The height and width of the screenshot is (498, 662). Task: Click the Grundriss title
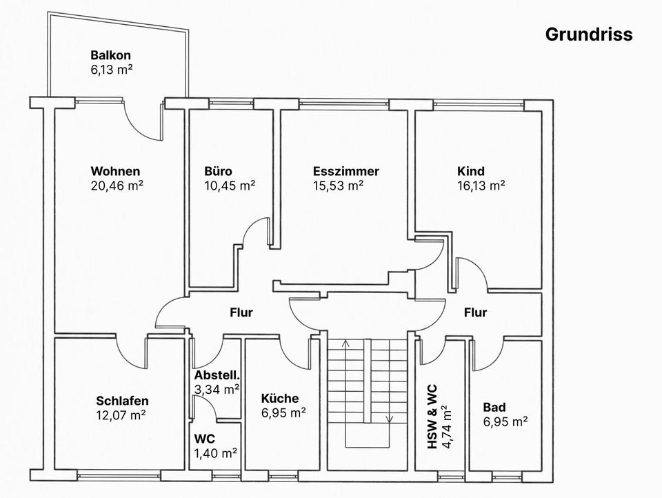pyautogui.click(x=588, y=34)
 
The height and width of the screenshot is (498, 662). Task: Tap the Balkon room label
pyautogui.click(x=110, y=55)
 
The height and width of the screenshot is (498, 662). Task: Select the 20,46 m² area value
pyautogui.click(x=117, y=185)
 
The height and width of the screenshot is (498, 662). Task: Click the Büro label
pyautogui.click(x=218, y=171)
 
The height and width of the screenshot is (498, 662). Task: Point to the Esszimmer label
pyautogui.click(x=345, y=171)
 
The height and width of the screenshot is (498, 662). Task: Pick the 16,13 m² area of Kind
pyautogui.click(x=481, y=185)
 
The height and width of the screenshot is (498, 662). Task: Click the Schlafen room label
pyautogui.click(x=122, y=401)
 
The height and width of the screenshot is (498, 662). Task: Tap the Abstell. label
pyautogui.click(x=217, y=375)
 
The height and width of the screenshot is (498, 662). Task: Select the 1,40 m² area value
pyautogui.click(x=216, y=452)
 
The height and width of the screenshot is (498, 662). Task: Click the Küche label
pyautogui.click(x=280, y=398)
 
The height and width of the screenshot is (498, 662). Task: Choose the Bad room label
pyautogui.click(x=494, y=407)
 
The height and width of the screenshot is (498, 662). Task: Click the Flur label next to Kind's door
pyautogui.click(x=475, y=312)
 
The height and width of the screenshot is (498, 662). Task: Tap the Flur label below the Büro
pyautogui.click(x=241, y=312)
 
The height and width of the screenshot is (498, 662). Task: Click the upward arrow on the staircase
pyautogui.click(x=345, y=343)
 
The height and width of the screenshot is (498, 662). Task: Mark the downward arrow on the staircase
pyautogui.click(x=390, y=418)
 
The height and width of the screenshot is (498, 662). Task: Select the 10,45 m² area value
pyautogui.click(x=230, y=185)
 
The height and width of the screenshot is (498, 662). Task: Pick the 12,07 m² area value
pyautogui.click(x=121, y=415)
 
